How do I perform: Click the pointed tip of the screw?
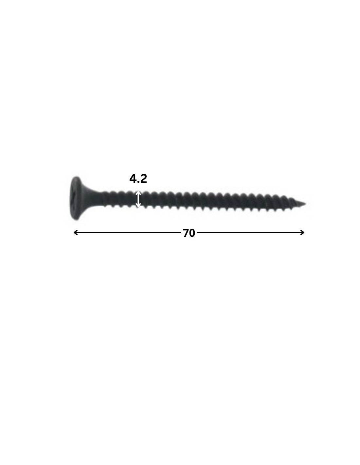point(305,203)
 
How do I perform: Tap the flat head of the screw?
point(75,198)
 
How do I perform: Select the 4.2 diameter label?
point(138,179)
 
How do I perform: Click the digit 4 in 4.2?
point(133,179)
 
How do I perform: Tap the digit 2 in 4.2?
point(143,179)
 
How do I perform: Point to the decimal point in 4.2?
point(138,182)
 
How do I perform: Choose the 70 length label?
point(189,233)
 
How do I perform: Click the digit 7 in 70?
point(186,233)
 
